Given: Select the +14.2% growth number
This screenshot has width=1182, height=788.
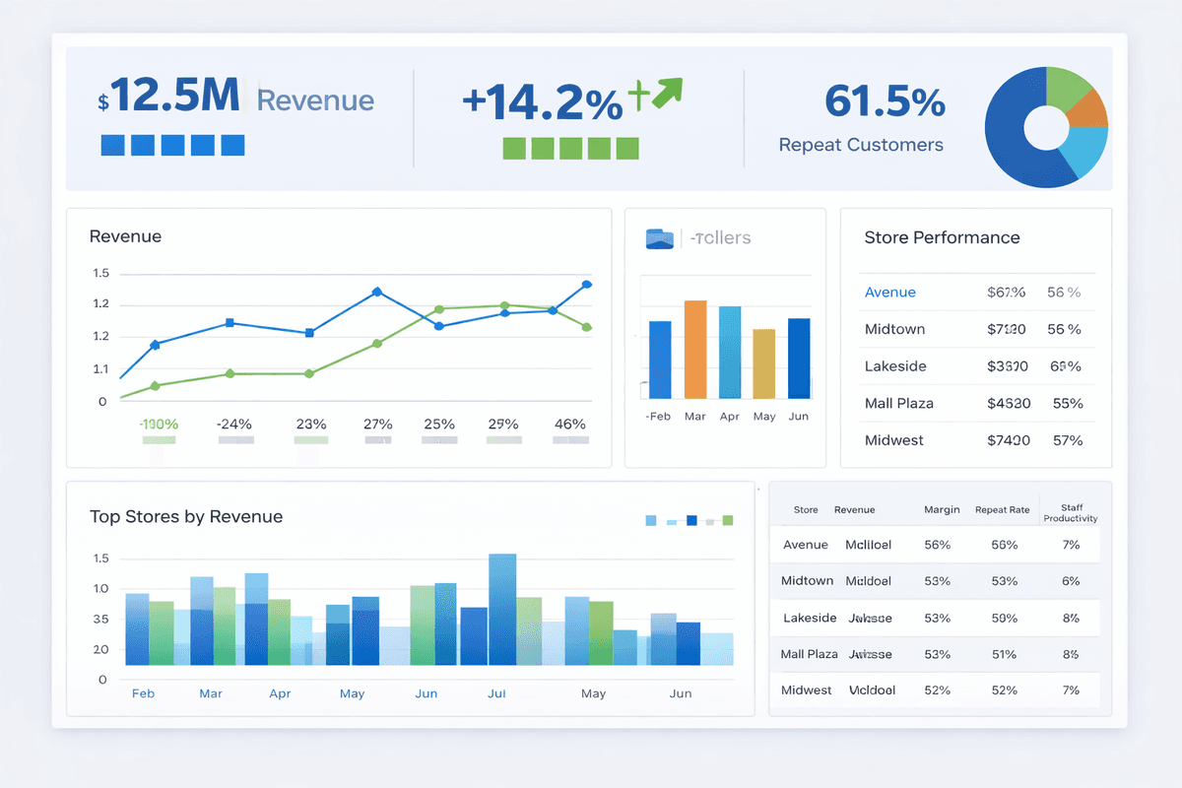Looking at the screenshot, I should [x=542, y=101].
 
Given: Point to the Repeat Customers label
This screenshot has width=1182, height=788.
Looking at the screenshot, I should [x=860, y=145].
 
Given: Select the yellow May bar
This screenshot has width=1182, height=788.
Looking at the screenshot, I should [x=763, y=363].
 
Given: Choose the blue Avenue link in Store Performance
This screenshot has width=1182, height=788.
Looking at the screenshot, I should [x=889, y=293].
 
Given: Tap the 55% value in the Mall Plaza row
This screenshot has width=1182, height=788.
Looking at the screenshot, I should [x=1067, y=403].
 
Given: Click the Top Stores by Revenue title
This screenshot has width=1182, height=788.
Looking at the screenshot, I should [x=186, y=516].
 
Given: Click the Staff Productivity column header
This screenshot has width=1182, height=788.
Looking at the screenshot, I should [x=1071, y=513].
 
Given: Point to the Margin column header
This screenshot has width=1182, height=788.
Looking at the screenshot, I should [x=942, y=509].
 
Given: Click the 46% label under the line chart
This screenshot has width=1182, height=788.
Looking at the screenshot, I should [x=569, y=424].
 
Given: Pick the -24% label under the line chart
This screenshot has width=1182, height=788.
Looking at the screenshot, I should [x=233, y=424].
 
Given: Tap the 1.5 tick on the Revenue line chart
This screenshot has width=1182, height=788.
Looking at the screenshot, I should [x=100, y=274].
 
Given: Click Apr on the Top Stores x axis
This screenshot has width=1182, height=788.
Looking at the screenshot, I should [x=280, y=693].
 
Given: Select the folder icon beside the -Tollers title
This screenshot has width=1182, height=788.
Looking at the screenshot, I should [x=659, y=238].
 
